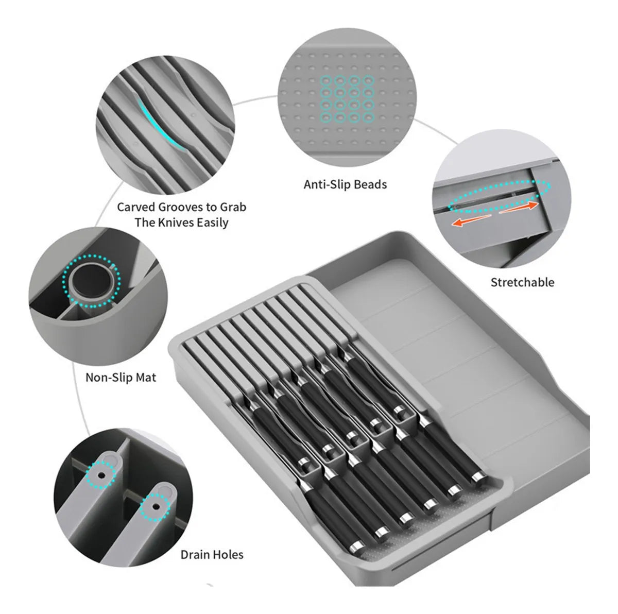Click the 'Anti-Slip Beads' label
(x=345, y=185)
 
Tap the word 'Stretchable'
(x=522, y=282)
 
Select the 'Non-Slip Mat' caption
(x=121, y=378)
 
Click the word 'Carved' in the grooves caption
(x=136, y=207)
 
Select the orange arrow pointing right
(x=519, y=207)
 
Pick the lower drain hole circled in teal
(x=156, y=507)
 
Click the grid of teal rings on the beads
(x=347, y=99)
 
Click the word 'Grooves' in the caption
(x=180, y=207)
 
